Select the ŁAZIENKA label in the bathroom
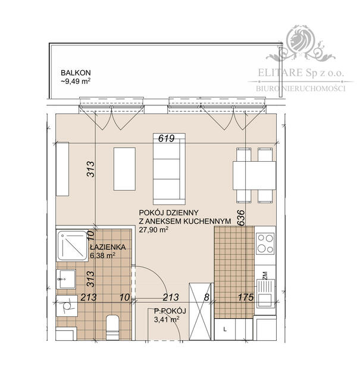point(107,247)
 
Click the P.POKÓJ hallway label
point(170,311)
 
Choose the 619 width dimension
point(166,139)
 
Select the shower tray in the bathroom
point(73,245)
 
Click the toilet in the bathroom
point(111,327)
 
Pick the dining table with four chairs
point(254,174)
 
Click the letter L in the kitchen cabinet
point(224,328)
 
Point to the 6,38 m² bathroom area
point(102,256)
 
